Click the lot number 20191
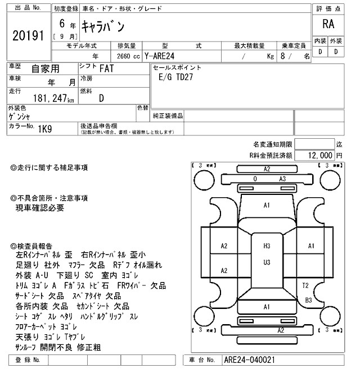[28, 36]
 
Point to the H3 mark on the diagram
[267, 246]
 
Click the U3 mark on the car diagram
[267, 262]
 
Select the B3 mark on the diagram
[308, 300]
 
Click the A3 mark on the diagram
[283, 179]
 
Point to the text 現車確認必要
[40, 208]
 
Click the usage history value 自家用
[44, 69]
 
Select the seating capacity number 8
[282, 56]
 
